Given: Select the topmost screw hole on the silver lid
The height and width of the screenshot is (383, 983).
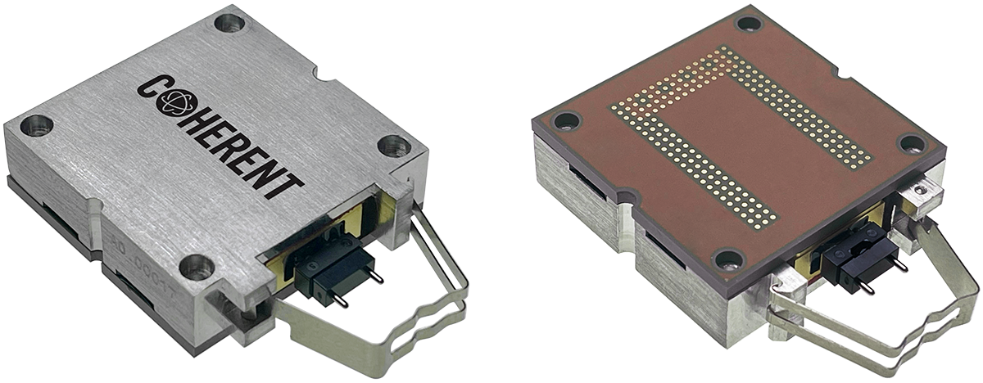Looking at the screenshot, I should (229, 22).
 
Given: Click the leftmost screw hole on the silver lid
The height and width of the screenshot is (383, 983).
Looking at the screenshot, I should (36, 125).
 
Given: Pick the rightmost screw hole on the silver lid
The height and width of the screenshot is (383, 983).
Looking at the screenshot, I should (392, 146).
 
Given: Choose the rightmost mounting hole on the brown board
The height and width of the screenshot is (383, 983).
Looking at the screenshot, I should (912, 144).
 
